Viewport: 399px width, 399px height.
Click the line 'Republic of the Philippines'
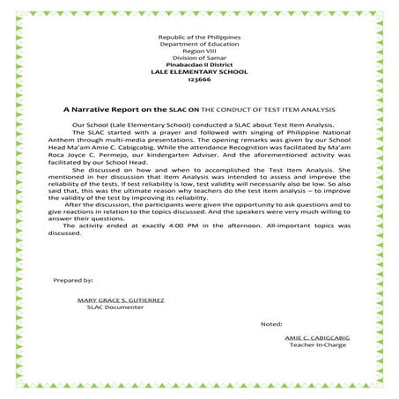[x=198, y=40]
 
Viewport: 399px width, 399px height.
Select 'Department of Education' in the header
[x=198, y=47]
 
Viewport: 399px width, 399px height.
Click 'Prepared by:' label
[x=73, y=279]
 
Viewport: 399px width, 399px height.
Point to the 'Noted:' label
[x=272, y=325]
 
